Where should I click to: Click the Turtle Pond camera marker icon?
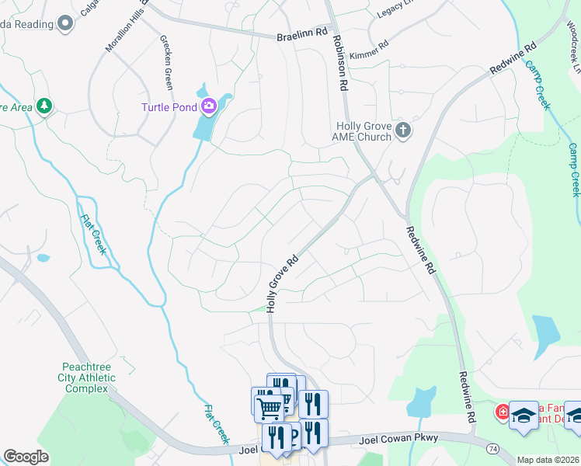point(208,106)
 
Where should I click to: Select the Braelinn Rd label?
point(303,34)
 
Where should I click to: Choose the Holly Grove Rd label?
point(282,284)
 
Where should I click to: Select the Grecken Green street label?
point(167,62)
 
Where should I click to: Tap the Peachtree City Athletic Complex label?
point(89,377)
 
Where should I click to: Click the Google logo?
point(26,457)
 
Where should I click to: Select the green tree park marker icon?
point(44,106)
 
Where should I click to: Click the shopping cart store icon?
point(268,407)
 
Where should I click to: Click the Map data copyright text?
point(548,460)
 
